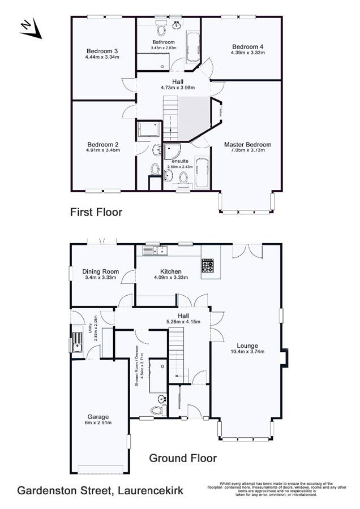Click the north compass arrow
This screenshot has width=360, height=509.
pos(31,29)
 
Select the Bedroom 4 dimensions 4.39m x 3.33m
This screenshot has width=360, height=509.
pos(247,53)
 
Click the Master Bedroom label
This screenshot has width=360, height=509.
pos(247,144)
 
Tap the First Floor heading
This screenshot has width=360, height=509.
pos(96,213)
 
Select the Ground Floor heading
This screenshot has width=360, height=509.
pos(183,458)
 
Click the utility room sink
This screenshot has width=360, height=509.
pos(76,343)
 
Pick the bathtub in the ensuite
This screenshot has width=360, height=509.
pos(202,174)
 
